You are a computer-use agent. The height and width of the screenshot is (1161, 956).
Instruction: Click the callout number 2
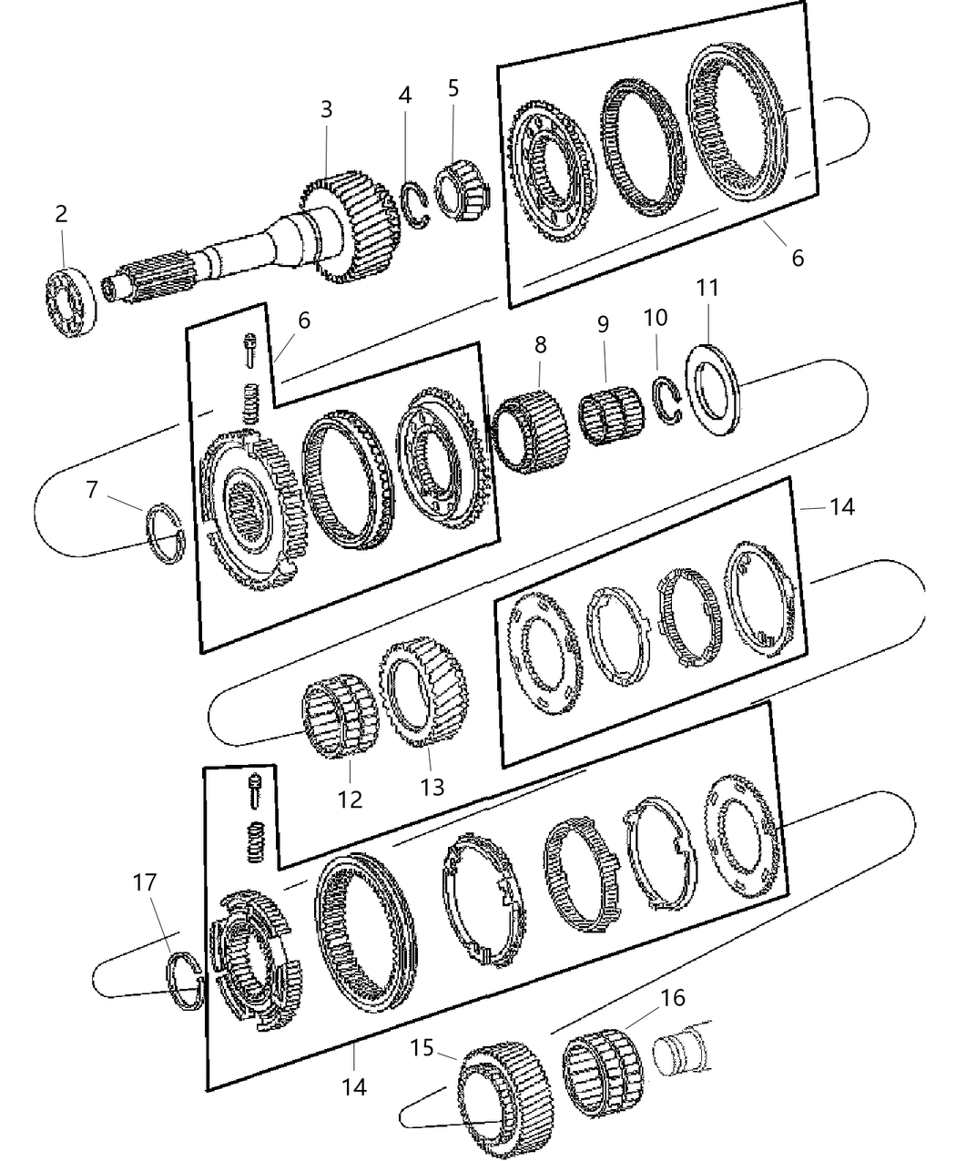coord(61,214)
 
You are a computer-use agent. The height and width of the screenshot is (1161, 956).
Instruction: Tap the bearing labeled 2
coord(71,301)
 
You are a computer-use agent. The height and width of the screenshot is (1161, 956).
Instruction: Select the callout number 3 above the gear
coord(326,109)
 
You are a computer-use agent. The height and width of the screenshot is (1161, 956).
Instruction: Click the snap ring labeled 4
coord(415,207)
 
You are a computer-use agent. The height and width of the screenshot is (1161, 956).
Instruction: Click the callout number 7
coord(91,490)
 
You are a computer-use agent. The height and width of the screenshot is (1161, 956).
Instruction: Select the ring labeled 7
coord(166,533)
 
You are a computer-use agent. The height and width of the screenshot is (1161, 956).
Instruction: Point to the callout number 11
coord(707,289)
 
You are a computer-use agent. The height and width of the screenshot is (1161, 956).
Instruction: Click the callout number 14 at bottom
coord(354,1085)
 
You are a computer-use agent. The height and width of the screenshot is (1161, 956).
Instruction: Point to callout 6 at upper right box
coord(798,258)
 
